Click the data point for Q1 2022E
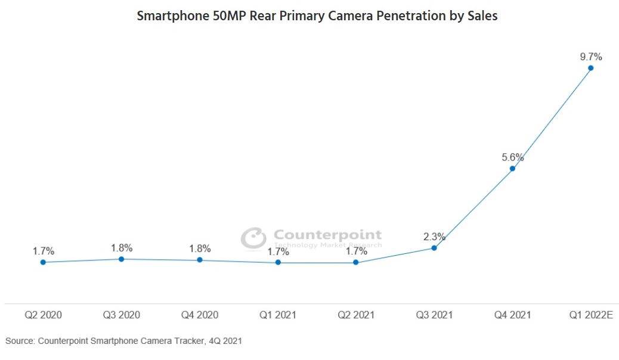pos(590,68)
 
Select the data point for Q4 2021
pos(512,169)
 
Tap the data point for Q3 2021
pos(434,248)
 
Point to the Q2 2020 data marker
pos(43,262)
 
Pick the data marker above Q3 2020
pos(121,259)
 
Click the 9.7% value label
pos(590,57)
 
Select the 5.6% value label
pos(512,158)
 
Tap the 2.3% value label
pos(434,237)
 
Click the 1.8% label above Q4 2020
pos(200,249)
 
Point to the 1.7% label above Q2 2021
pos(356,252)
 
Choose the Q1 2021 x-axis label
pos(278,315)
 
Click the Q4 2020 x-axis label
pos(200,315)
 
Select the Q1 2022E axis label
pos(590,315)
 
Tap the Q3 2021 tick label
pos(434,315)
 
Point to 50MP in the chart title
pos(222,16)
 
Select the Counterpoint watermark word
pos(327,235)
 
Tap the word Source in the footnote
pos(20,341)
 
